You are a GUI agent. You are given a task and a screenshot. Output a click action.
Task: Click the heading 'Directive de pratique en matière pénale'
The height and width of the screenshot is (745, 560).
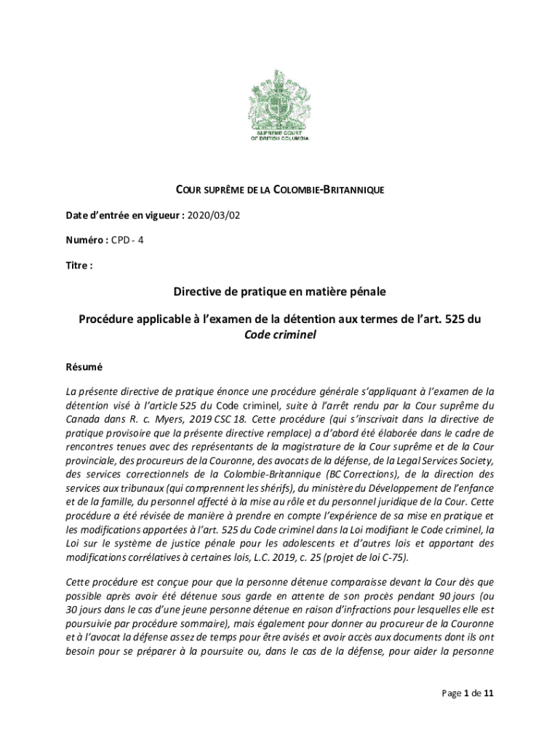[x=279, y=292]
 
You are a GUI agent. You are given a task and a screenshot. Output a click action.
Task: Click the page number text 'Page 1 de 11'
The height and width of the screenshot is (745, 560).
[x=468, y=693]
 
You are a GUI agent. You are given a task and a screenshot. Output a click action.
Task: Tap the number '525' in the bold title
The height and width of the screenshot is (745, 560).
[x=449, y=319]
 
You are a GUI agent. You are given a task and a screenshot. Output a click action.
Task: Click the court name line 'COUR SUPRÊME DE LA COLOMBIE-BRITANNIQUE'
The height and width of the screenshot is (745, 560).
[x=280, y=191]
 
